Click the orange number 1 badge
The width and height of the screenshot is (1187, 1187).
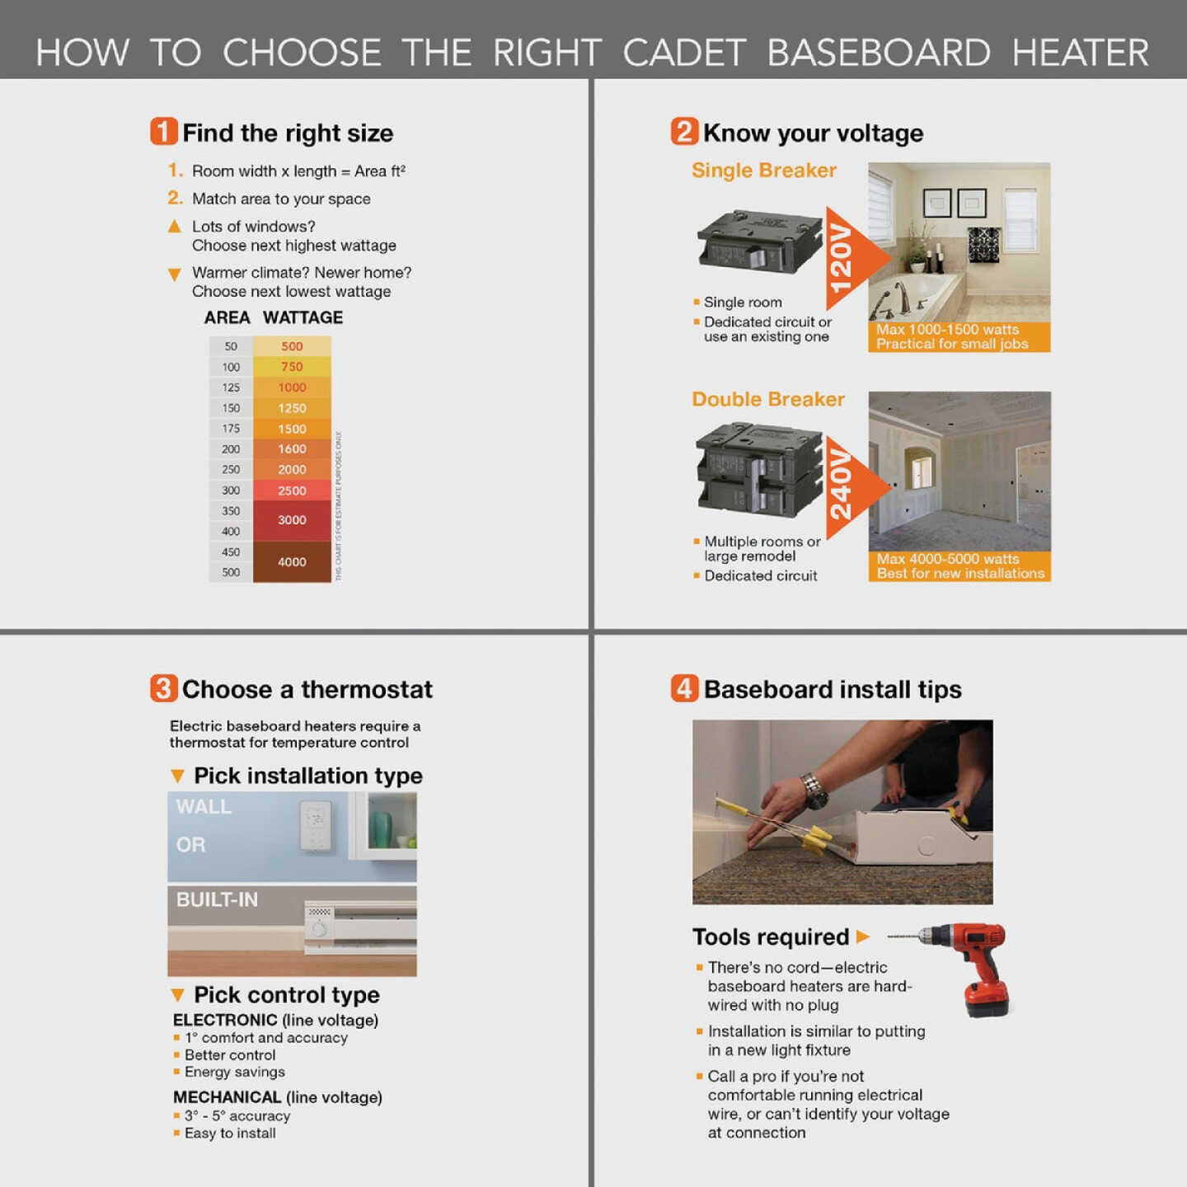coord(163,132)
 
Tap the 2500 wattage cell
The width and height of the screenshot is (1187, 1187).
coord(292,490)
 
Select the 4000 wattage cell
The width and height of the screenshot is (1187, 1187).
coord(292,561)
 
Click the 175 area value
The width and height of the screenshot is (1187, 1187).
coord(231,429)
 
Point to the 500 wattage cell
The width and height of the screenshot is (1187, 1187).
coord(292,346)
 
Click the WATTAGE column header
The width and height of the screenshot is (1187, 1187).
coord(303,317)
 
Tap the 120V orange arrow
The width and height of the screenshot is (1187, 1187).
coord(853,257)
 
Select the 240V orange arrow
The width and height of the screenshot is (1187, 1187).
coord(853,486)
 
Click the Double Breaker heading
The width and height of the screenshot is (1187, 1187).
coord(767,399)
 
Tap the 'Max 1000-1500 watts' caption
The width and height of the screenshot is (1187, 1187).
coord(947,330)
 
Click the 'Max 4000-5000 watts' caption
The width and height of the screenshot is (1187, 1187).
coord(948,559)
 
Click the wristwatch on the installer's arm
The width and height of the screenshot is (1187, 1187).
coord(814,791)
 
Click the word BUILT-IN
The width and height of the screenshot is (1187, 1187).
coord(217,899)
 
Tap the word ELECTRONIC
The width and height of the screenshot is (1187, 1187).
coord(225,1020)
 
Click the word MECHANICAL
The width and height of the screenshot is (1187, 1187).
coord(228,1097)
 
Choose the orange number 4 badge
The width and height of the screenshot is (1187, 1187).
coord(684,688)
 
